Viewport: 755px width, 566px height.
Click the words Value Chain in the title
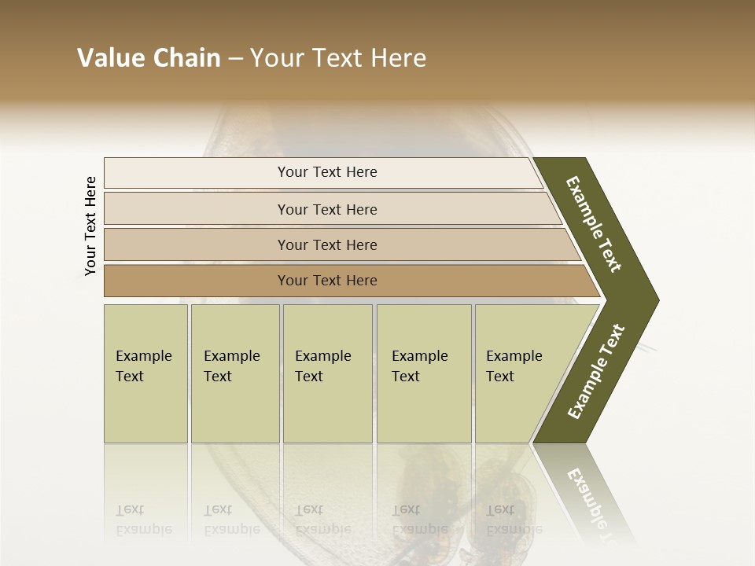pyautogui.click(x=149, y=58)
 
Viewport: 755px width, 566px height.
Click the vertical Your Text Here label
pyautogui.click(x=90, y=226)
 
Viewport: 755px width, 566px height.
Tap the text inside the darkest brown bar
pyautogui.click(x=327, y=281)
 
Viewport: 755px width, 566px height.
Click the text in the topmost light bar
pyautogui.click(x=327, y=172)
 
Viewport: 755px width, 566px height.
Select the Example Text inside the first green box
pyautogui.click(x=143, y=366)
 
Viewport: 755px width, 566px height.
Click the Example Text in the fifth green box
pyautogui.click(x=514, y=366)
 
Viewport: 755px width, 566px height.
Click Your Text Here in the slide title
pyautogui.click(x=338, y=58)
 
